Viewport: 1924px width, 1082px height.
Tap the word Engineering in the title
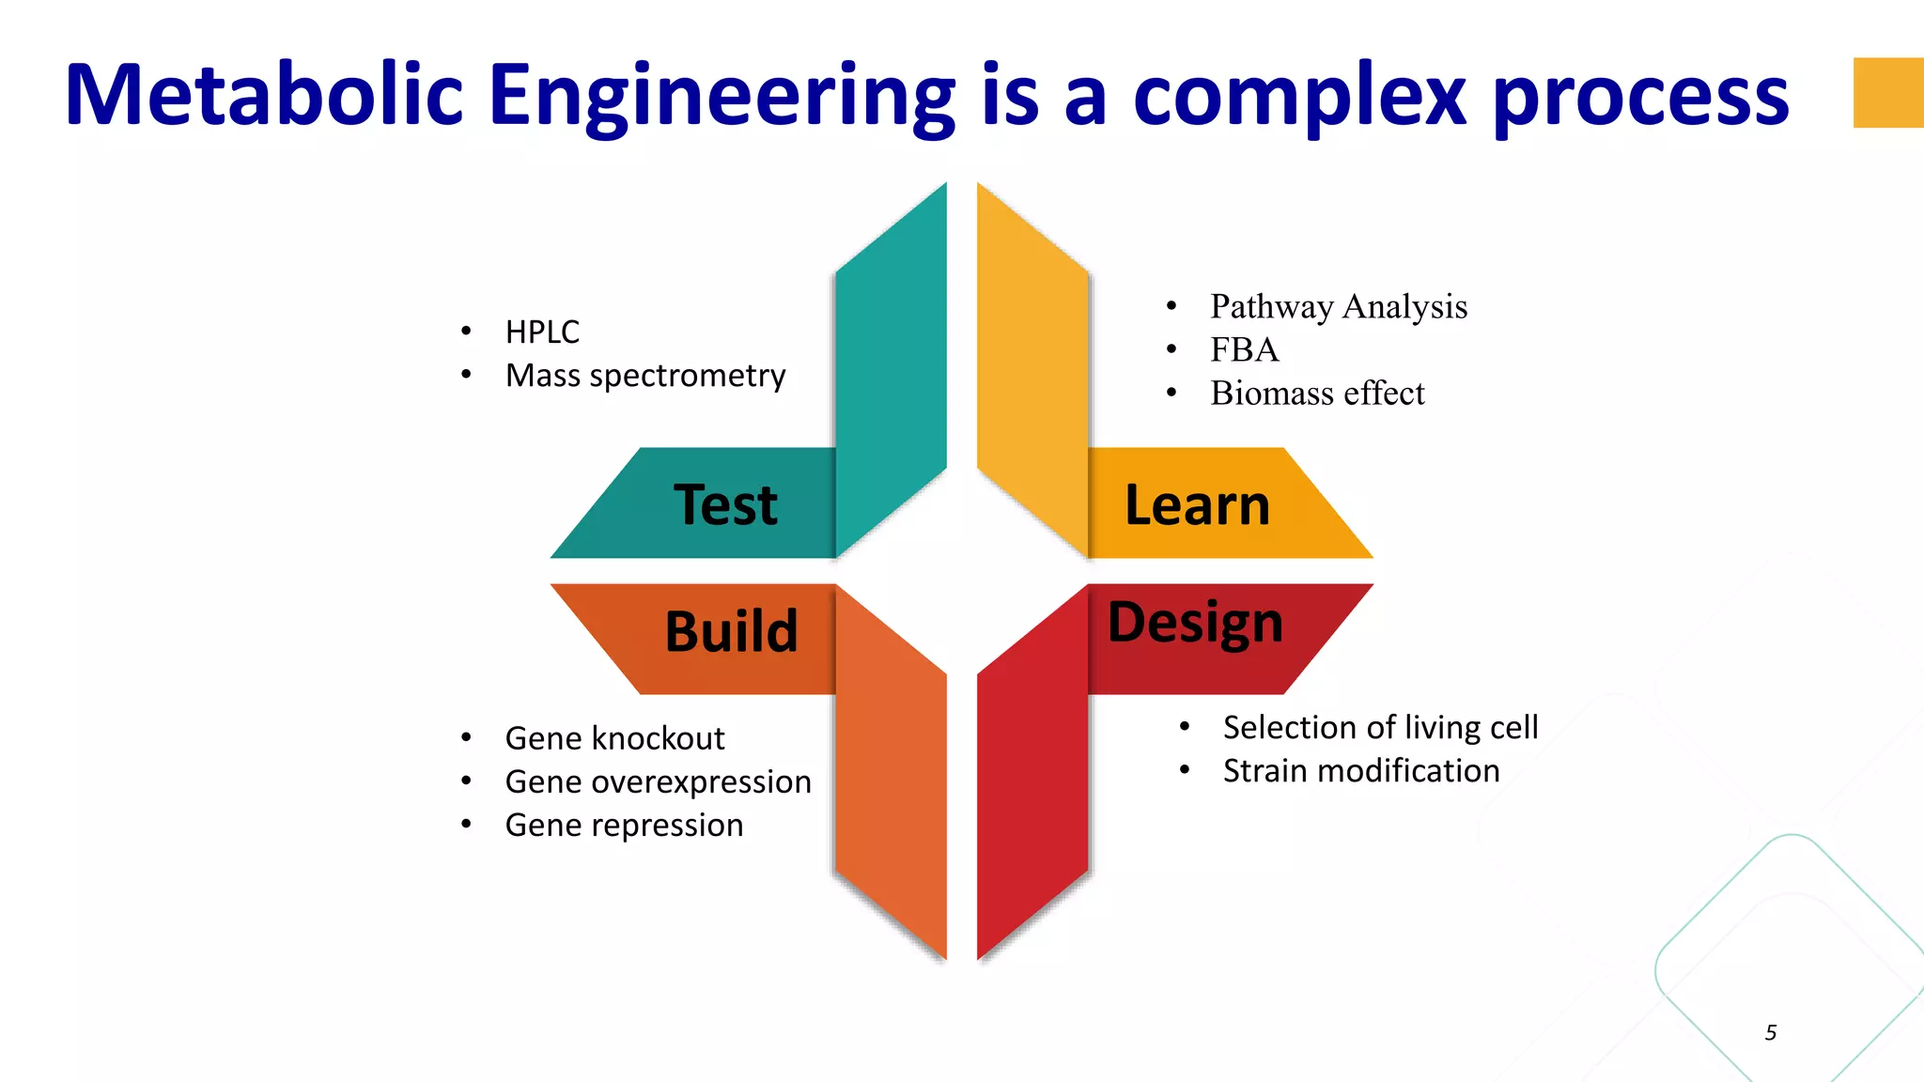click(721, 97)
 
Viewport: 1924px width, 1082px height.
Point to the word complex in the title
click(1300, 97)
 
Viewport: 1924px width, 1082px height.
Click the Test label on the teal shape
click(725, 505)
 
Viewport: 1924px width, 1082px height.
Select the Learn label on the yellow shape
click(1197, 505)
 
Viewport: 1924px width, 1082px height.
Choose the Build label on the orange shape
click(731, 630)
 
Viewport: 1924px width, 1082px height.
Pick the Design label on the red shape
click(1195, 623)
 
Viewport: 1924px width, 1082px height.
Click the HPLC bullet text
click(542, 332)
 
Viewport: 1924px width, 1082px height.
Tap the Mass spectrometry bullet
click(644, 375)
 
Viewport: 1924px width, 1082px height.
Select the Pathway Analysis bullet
click(1338, 306)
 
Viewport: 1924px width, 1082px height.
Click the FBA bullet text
click(1244, 349)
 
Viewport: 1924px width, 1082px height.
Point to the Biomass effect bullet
click(1316, 393)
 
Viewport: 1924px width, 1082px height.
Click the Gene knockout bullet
click(614, 738)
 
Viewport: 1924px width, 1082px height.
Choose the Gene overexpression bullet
click(658, 781)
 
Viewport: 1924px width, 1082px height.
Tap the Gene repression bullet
click(624, 825)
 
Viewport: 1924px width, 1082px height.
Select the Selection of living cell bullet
click(1379, 727)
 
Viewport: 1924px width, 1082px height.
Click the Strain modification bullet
click(1360, 770)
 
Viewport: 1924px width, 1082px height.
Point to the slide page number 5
click(1771, 1032)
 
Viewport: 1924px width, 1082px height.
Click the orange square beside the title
click(1887, 92)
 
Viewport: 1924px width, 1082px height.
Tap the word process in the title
click(1639, 97)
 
